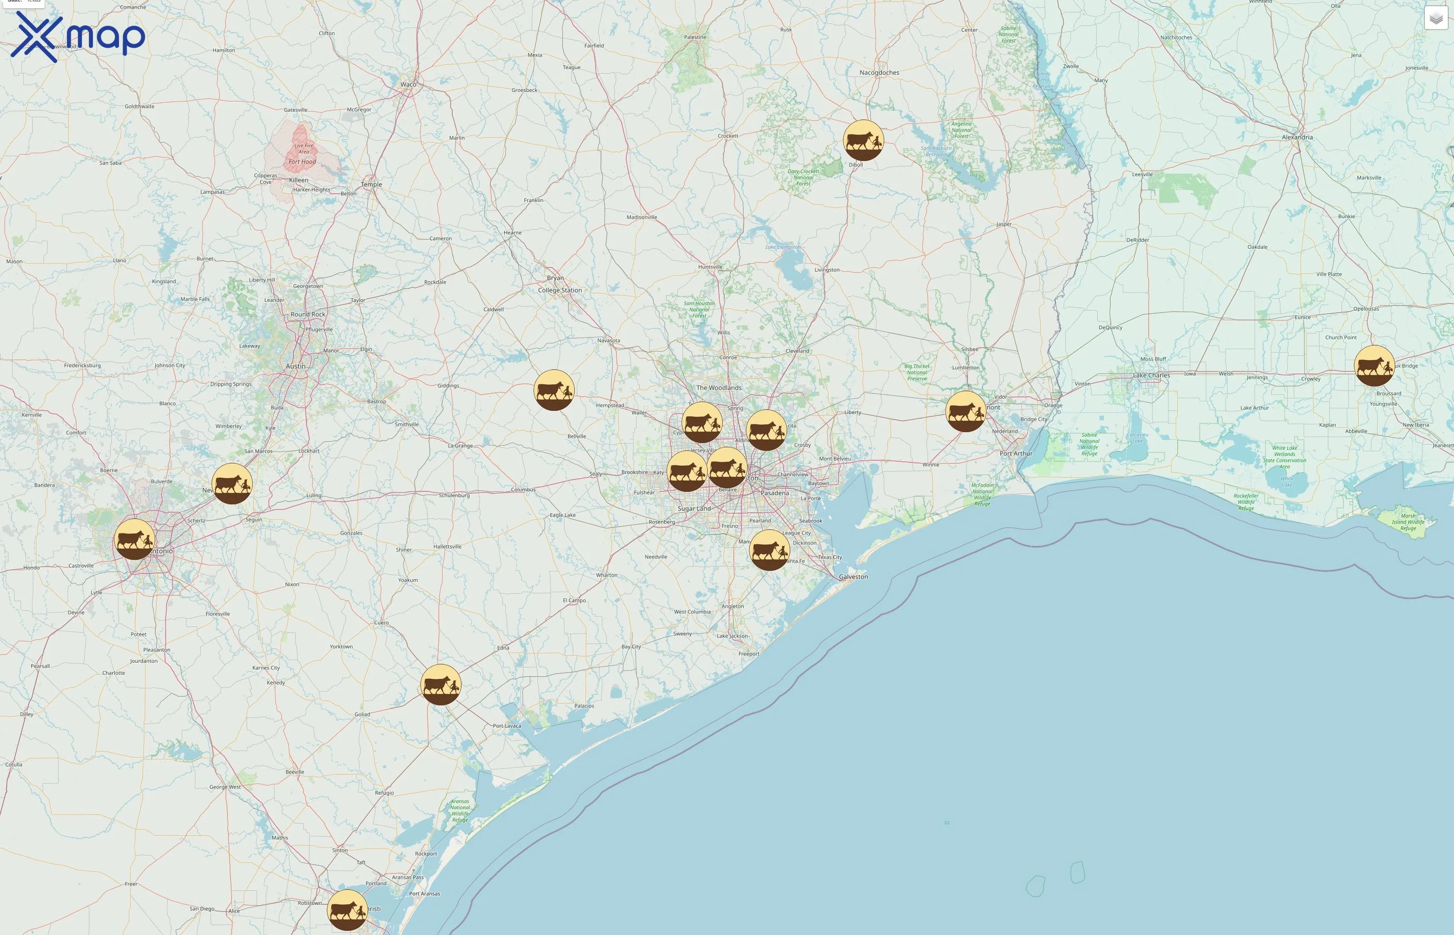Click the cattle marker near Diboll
click(x=863, y=140)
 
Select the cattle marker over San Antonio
click(x=134, y=539)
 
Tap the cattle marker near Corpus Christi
click(x=347, y=910)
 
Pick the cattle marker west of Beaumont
click(x=965, y=411)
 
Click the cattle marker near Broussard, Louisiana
click(x=1374, y=366)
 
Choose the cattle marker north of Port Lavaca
click(x=440, y=684)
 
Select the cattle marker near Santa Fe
click(x=770, y=550)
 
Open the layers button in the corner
click(x=1436, y=18)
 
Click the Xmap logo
click(x=78, y=36)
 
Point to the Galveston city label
click(x=853, y=577)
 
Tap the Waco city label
click(x=408, y=84)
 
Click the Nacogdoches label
click(x=879, y=73)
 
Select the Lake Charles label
click(x=1151, y=375)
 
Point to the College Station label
click(x=559, y=290)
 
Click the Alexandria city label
click(x=1297, y=137)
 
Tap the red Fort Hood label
click(x=302, y=162)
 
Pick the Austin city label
click(x=295, y=366)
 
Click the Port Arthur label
click(x=1016, y=453)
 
